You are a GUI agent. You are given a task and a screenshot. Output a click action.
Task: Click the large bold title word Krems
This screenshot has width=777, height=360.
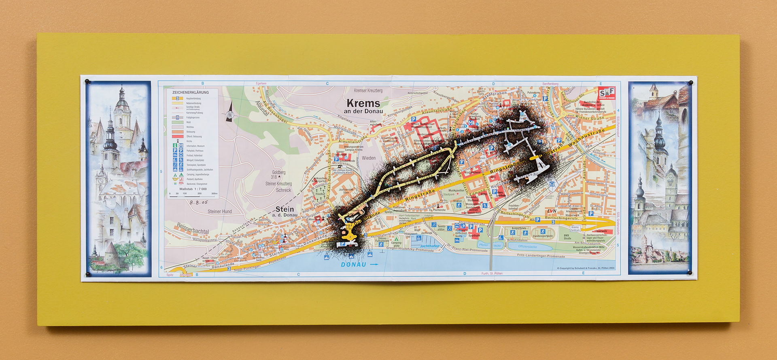[x=363, y=103]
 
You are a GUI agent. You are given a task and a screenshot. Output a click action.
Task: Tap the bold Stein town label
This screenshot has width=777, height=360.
[x=284, y=209]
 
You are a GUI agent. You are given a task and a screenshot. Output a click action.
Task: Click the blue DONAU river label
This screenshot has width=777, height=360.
[x=353, y=265]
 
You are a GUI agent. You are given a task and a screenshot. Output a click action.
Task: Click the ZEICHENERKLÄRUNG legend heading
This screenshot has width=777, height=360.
[x=190, y=92]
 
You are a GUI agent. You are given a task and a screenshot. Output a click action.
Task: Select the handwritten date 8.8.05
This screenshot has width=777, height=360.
[x=198, y=202]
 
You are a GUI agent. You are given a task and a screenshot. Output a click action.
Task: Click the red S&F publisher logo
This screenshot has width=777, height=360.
[x=607, y=93]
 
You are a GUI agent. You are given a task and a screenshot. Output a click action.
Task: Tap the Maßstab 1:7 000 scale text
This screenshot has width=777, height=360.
[x=193, y=189]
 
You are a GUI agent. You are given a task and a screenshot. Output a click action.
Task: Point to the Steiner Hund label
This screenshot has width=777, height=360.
[x=220, y=212]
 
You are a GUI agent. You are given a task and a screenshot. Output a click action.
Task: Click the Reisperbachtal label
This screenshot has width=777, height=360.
[x=193, y=229]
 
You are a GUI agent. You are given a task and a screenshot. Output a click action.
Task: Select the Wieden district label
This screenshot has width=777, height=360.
[x=368, y=158]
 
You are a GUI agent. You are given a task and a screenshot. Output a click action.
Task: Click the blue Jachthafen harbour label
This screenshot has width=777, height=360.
[x=429, y=246]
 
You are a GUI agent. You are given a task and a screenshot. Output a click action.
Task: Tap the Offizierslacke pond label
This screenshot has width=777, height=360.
[x=527, y=246]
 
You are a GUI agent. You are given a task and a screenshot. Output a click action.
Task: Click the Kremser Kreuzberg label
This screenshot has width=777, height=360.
[x=368, y=91]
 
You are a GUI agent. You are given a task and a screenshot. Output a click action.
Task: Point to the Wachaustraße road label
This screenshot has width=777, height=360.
[x=586, y=138]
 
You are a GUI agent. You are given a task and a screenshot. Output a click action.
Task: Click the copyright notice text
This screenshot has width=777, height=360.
[x=585, y=268]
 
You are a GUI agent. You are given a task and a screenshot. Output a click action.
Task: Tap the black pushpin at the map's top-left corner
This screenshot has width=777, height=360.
[x=87, y=82]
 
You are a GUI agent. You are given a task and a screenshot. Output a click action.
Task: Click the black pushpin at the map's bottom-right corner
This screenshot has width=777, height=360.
[x=690, y=273]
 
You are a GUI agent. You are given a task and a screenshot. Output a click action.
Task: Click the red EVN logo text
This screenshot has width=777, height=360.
[x=551, y=211]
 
